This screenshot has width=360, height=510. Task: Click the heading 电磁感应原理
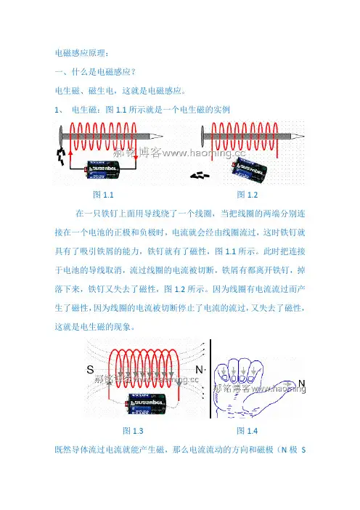[82, 53]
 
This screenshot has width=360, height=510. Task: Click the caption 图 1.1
[103, 195]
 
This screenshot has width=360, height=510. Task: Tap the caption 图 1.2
[247, 195]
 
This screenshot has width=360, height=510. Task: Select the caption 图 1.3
[133, 431]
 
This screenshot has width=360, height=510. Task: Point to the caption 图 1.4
[247, 431]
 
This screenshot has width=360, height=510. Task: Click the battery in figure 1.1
[102, 169]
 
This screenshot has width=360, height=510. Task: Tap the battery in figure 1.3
[147, 404]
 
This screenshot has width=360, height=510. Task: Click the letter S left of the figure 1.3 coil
[90, 370]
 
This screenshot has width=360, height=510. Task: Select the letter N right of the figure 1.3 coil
[199, 370]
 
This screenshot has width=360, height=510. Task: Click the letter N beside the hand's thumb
[301, 383]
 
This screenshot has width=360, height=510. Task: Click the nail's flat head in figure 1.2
[202, 136]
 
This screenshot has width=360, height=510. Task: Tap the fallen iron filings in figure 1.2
[200, 176]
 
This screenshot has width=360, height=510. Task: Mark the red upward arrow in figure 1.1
[71, 158]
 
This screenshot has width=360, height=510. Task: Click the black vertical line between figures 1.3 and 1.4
[210, 379]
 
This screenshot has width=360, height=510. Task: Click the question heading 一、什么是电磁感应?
[95, 71]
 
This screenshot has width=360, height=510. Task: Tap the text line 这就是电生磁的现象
[94, 326]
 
